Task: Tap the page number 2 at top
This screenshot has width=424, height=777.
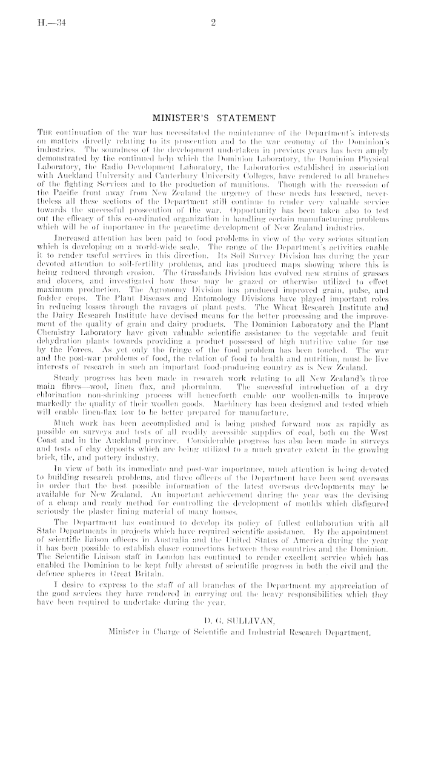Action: (213, 24)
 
